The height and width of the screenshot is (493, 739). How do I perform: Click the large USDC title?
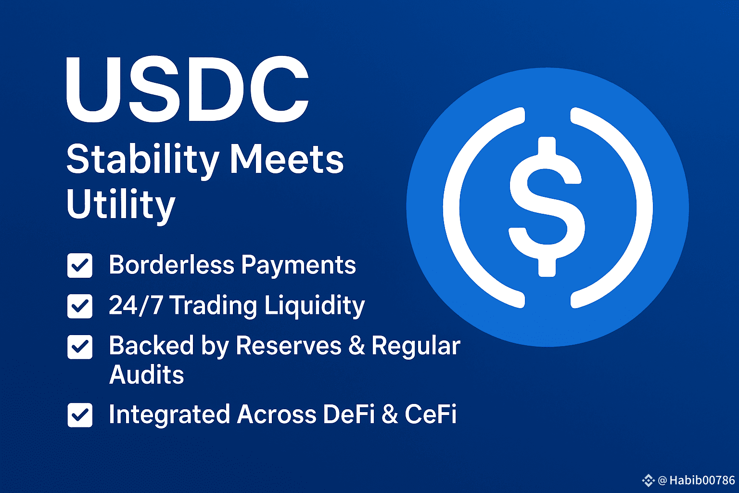point(187,89)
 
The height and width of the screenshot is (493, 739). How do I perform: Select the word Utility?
point(121,205)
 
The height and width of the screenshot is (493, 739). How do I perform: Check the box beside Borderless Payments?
point(80,265)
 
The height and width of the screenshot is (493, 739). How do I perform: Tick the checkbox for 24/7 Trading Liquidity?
point(80,306)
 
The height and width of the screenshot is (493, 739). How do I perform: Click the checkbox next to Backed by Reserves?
point(80,347)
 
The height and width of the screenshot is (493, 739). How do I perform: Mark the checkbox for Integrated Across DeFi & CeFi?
point(80,415)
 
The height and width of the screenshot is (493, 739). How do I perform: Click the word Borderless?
point(172,264)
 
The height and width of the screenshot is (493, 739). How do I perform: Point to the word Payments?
point(299,266)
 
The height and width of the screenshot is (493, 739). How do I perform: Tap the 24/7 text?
point(136,305)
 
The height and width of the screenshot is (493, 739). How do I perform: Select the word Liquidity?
point(315,306)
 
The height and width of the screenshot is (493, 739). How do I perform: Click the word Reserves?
point(289,346)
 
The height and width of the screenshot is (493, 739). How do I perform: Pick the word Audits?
point(146,375)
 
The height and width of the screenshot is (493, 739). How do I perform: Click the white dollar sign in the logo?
point(547,207)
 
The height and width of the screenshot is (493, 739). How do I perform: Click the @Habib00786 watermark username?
point(696,480)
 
